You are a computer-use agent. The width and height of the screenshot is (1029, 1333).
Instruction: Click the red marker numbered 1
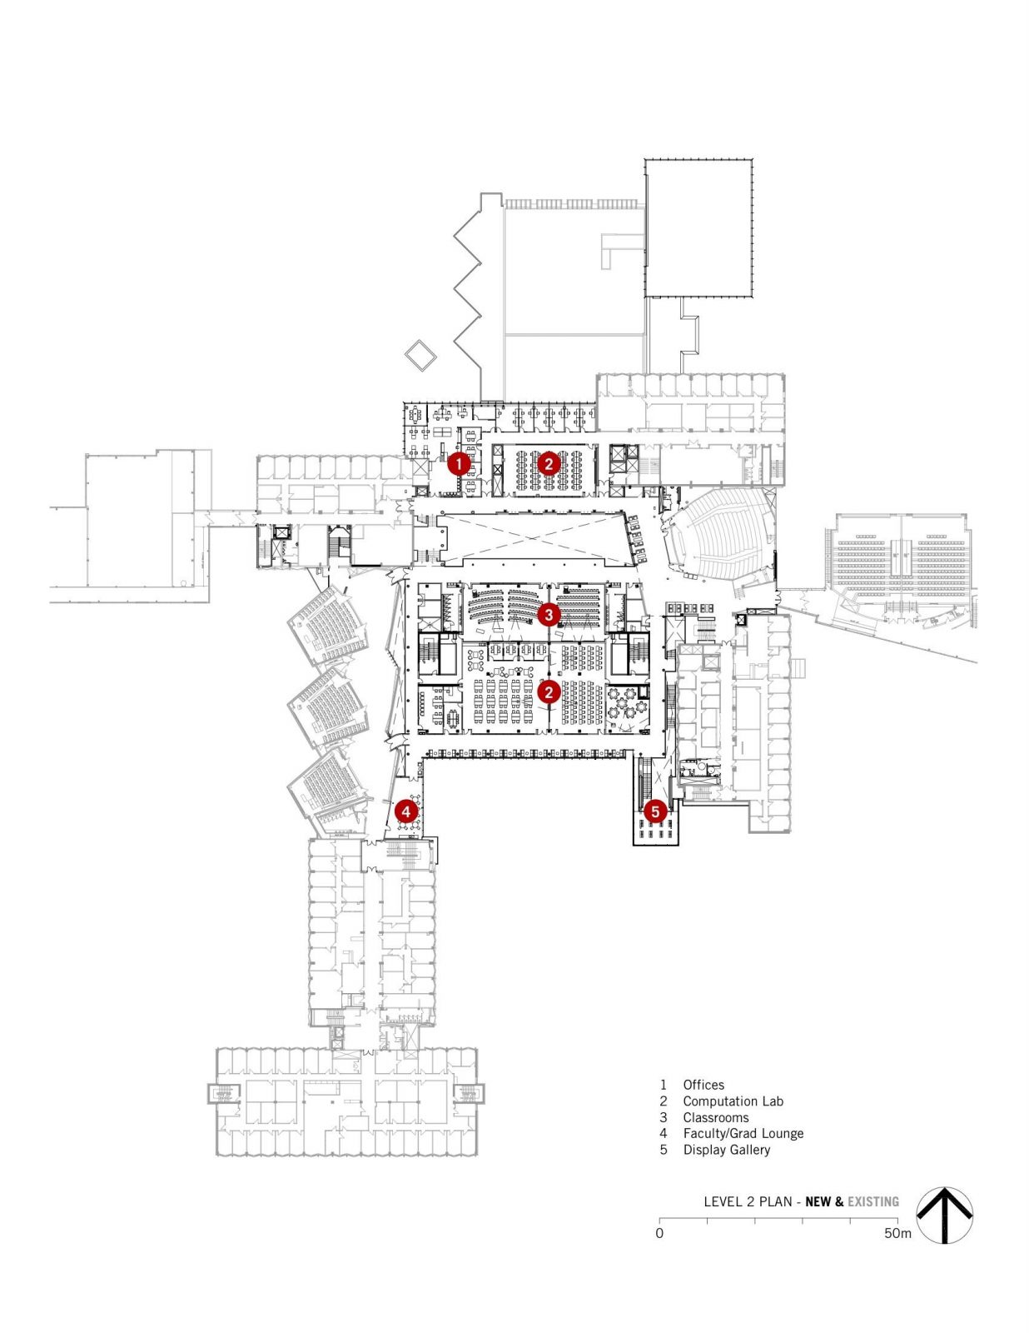point(459,463)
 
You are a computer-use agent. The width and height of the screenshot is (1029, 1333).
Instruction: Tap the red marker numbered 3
point(548,615)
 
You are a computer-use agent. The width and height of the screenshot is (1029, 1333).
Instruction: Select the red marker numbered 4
point(405,811)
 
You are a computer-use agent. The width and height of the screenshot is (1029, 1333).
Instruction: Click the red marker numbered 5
point(655,811)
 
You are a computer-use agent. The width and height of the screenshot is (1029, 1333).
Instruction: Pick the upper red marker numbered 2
point(548,463)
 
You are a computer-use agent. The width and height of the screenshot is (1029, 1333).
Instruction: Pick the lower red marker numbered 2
point(548,691)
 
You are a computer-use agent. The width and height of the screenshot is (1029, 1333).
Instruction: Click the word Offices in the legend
point(703,1085)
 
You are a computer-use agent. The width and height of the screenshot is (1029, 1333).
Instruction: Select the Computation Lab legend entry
point(733,1101)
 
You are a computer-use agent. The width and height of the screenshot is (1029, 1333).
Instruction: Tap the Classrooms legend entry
point(715,1117)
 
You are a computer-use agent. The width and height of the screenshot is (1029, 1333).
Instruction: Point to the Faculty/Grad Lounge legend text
point(743,1133)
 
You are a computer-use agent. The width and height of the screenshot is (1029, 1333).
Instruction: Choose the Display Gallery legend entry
point(726,1150)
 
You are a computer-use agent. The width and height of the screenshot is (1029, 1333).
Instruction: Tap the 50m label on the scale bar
point(897,1233)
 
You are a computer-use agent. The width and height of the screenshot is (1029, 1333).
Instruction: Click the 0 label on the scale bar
point(659,1233)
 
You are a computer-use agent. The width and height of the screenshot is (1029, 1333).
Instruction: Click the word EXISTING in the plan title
point(873,1201)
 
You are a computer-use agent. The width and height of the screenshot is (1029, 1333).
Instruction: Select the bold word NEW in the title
point(818,1201)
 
